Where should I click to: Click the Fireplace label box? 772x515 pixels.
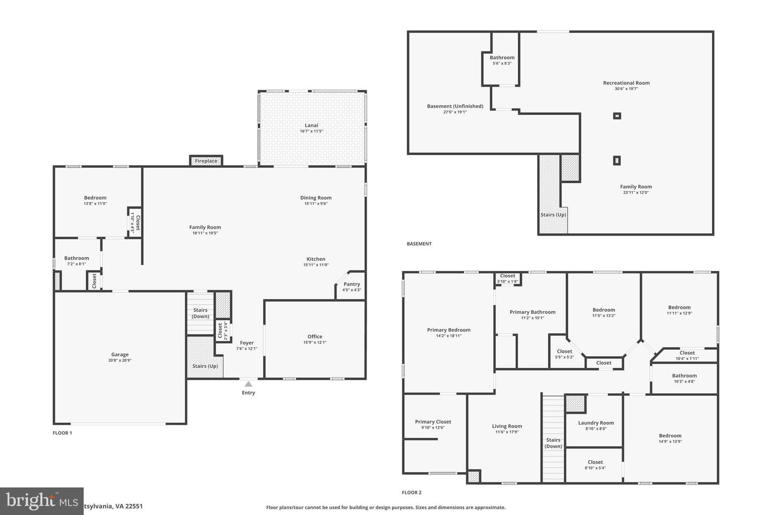click(206, 161)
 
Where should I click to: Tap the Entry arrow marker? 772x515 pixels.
click(248, 384)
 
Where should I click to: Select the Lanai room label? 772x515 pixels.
click(311, 126)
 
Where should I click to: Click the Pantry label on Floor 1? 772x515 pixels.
click(352, 284)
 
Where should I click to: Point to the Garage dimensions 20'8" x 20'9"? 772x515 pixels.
click(120, 360)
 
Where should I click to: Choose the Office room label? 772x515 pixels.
click(315, 337)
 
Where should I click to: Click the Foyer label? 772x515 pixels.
click(247, 343)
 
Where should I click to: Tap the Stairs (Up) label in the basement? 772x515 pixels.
click(553, 215)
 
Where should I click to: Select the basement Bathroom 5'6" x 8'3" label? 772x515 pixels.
click(502, 58)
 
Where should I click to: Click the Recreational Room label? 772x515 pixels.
click(626, 83)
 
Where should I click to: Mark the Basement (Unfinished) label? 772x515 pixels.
click(455, 106)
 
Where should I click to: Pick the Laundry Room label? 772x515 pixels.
click(596, 423)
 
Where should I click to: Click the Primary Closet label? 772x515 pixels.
click(433, 422)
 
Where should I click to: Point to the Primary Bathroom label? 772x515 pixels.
click(532, 312)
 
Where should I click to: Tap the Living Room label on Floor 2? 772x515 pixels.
click(507, 426)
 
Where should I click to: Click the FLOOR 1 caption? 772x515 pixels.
click(62, 433)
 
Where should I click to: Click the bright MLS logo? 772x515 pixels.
click(42, 501)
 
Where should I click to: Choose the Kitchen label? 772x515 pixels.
click(316, 259)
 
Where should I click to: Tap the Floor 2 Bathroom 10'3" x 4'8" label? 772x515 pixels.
click(684, 376)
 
